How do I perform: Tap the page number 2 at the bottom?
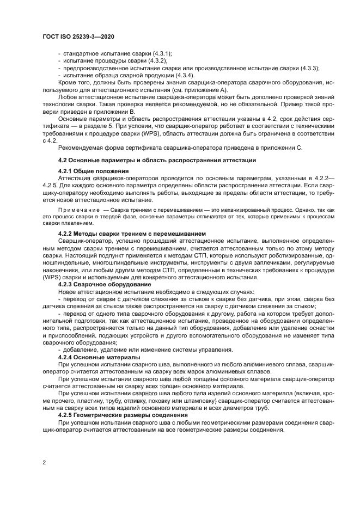point(44,463)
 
